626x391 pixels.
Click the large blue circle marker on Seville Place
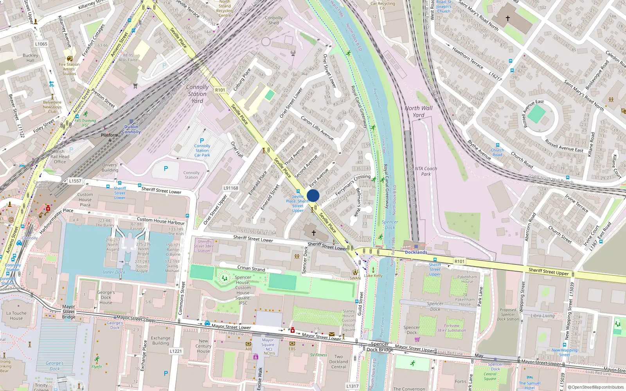point(313,195)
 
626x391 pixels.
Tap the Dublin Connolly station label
point(131,129)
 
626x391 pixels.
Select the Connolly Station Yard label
point(197,94)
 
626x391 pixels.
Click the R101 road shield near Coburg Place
point(220,90)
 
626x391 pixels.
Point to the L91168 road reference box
point(231,188)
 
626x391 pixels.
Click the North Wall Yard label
point(419,111)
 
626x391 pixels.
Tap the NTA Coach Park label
point(426,171)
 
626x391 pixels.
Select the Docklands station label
point(416,252)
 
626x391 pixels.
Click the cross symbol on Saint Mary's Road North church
point(508,18)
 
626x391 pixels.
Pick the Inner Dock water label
point(114,272)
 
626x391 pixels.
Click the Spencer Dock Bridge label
point(380,347)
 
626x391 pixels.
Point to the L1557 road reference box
point(75,181)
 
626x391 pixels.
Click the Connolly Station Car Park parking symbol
point(202,141)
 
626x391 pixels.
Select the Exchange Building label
point(160,341)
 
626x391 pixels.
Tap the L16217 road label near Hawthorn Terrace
point(495,76)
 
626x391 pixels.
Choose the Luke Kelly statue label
point(373,275)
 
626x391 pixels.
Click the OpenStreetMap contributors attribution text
point(596,387)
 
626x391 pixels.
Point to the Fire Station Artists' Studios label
point(69,69)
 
